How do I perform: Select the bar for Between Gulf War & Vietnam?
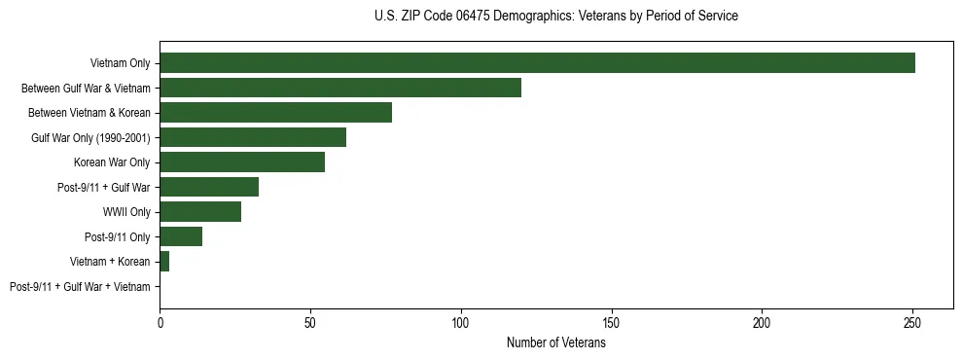click(340, 88)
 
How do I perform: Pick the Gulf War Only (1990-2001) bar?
click(253, 137)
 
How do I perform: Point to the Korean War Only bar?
click(242, 162)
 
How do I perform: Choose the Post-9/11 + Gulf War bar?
click(209, 187)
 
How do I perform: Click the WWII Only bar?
click(200, 212)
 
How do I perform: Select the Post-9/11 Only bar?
click(181, 236)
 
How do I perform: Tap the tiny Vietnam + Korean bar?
click(164, 262)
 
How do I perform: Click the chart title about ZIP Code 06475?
click(555, 17)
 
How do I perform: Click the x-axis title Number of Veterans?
click(555, 342)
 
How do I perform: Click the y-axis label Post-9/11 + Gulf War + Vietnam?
click(80, 287)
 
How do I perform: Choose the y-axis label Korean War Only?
click(112, 162)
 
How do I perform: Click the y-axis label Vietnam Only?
click(120, 63)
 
